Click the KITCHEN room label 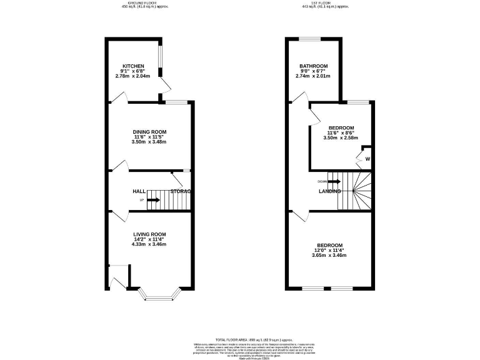(133, 66)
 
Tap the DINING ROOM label (149, 132)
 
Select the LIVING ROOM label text (149, 234)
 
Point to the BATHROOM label (313, 66)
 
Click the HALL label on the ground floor (139, 191)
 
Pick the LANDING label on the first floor (329, 191)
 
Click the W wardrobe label (367, 159)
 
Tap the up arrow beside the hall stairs (152, 200)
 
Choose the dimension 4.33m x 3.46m (149, 244)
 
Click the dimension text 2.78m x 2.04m (133, 76)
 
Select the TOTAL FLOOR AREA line (240, 337)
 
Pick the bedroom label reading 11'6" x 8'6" (341, 132)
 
